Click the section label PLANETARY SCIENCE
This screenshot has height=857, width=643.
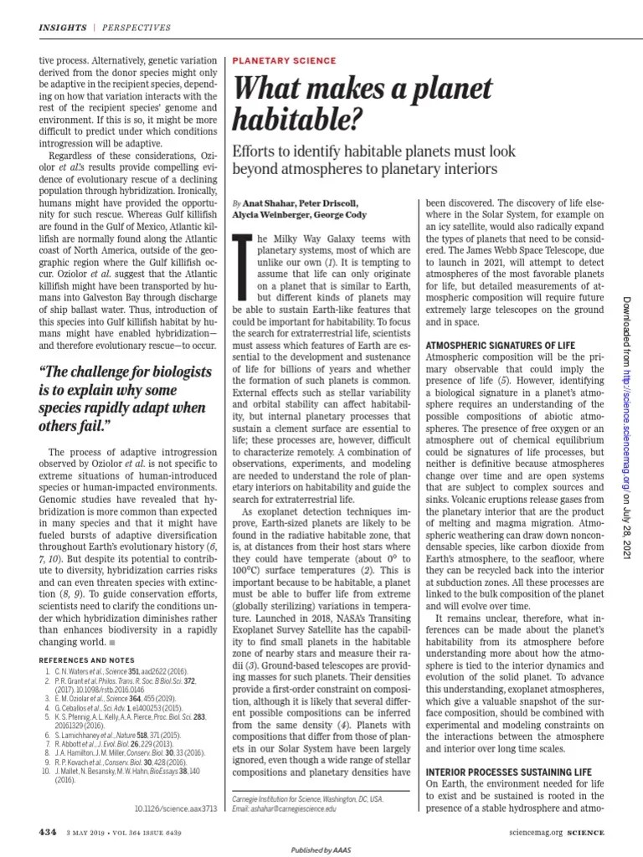284,61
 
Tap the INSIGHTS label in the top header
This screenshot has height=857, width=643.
63,28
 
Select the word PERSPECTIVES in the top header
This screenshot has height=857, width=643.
136,28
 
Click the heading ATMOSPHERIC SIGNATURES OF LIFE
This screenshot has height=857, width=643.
502,345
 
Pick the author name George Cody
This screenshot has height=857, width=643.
342,215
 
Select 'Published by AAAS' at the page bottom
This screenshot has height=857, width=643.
321,849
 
